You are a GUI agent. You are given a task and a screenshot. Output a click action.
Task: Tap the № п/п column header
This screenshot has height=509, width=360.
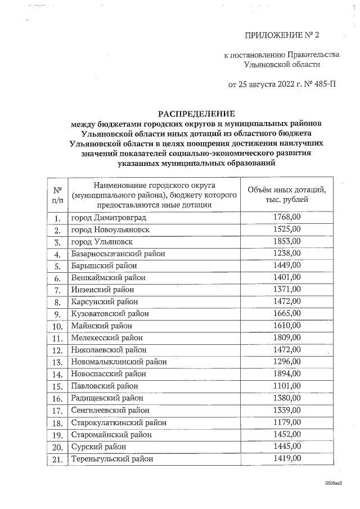point(57,195)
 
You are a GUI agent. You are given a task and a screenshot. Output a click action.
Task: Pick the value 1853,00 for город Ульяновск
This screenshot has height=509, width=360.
point(287,241)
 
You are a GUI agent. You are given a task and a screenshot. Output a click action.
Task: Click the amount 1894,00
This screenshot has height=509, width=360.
point(287,373)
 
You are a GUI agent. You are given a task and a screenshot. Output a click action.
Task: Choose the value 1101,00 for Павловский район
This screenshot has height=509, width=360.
point(287,386)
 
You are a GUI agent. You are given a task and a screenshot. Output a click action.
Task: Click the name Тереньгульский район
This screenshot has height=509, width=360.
point(112,459)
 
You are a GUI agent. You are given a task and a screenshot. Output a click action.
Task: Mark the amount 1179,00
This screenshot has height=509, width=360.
point(287,422)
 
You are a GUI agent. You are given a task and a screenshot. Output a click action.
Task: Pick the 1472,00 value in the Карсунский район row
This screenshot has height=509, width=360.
point(287,301)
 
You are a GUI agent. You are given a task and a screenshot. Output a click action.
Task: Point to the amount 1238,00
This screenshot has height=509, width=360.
point(287,253)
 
